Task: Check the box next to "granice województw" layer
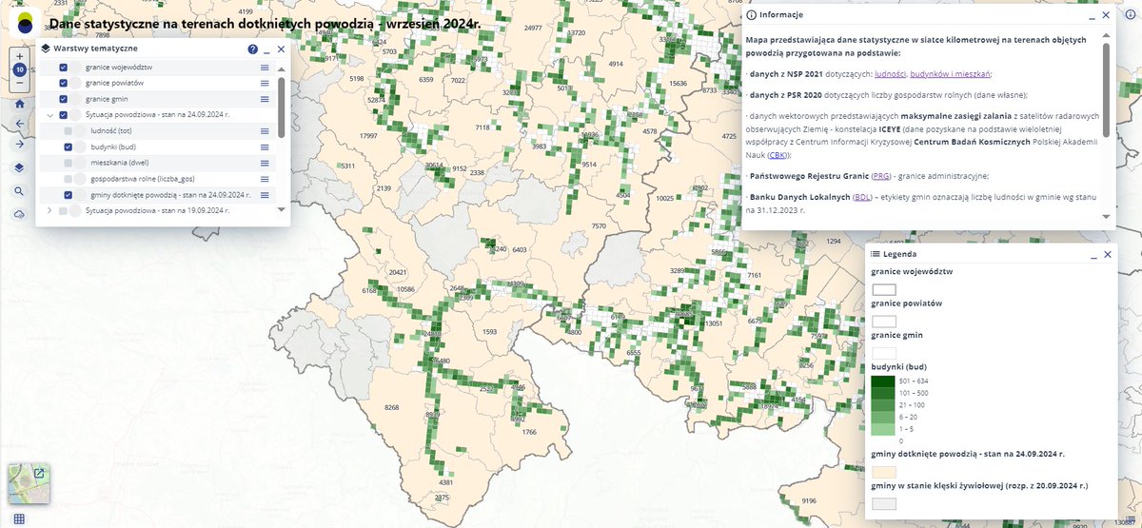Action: point(64,68)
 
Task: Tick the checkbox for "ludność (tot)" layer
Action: point(69,131)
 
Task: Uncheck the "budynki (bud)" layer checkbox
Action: point(69,147)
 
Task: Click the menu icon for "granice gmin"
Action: point(266,99)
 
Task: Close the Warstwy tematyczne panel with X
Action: point(282,49)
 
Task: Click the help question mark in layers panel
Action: point(253,49)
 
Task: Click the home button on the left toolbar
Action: point(20,103)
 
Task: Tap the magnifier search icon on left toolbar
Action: point(20,191)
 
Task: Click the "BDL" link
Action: point(862,198)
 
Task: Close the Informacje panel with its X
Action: point(1106,15)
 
